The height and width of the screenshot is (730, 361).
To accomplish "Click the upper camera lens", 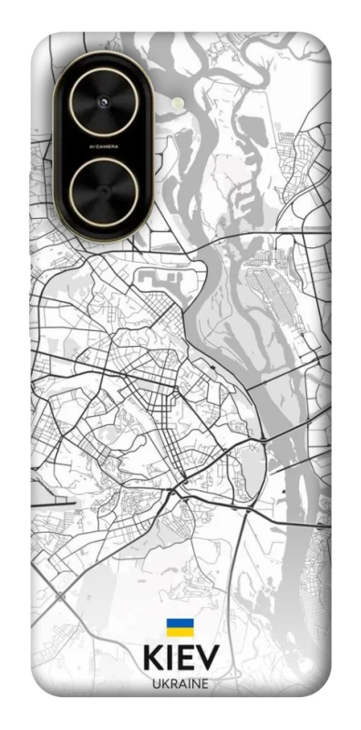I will [103, 100].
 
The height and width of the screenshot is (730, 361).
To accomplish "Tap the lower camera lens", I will [103, 192].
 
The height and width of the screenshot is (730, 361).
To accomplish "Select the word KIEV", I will [180, 659].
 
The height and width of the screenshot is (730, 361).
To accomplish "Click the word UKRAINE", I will [180, 683].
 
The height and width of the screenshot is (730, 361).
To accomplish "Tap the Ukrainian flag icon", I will [180, 627].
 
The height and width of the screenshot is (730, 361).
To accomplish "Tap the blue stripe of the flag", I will [180, 623].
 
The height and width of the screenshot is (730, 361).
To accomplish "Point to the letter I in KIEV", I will [170, 659].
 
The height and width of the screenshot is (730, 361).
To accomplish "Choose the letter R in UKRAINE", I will [172, 683].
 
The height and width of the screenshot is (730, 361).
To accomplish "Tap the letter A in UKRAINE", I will [181, 683].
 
